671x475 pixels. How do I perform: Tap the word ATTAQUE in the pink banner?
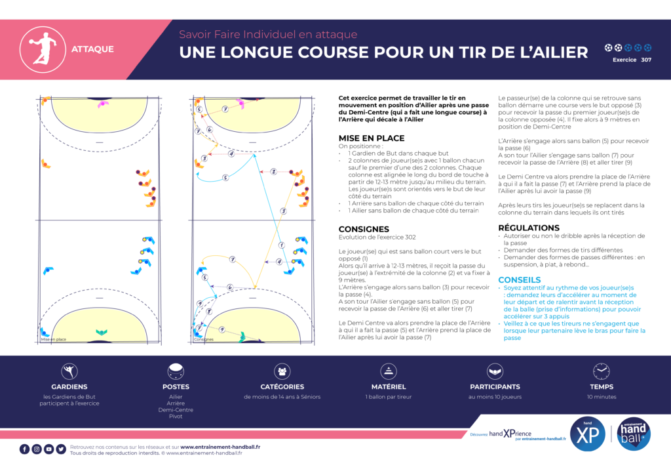(92, 49)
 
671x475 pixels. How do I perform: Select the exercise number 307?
(646, 60)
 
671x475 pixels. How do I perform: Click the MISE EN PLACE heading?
(371, 138)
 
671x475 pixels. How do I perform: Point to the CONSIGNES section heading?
(364, 229)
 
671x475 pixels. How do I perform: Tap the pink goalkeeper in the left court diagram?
(103, 103)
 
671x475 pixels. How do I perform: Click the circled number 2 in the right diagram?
(273, 171)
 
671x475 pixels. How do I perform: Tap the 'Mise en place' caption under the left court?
(54, 340)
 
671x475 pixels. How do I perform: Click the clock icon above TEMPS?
(601, 372)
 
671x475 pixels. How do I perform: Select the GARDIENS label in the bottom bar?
(69, 387)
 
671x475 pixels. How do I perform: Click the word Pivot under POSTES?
(176, 417)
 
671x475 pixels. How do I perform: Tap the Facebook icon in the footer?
(24, 449)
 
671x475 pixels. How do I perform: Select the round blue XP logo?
(588, 434)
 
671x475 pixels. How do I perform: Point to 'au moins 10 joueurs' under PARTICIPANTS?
(495, 397)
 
